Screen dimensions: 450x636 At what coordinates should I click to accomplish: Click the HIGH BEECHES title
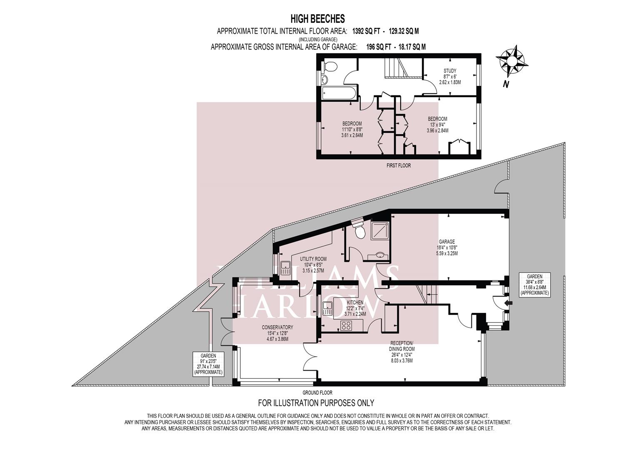[317, 18]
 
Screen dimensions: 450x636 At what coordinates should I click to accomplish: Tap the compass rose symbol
[513, 61]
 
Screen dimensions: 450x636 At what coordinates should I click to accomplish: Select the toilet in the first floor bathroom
[331, 66]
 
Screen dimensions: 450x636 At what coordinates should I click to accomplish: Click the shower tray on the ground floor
[377, 230]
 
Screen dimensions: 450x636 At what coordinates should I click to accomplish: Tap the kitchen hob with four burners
[347, 325]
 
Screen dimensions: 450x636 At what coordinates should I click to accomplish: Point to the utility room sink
[286, 268]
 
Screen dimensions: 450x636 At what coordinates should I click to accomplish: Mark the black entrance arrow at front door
[506, 303]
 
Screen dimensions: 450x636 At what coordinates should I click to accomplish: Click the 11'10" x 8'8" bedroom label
[352, 129]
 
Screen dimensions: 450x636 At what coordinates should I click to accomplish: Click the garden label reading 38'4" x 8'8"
[534, 285]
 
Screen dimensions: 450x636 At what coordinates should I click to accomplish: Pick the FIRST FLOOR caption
[399, 165]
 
